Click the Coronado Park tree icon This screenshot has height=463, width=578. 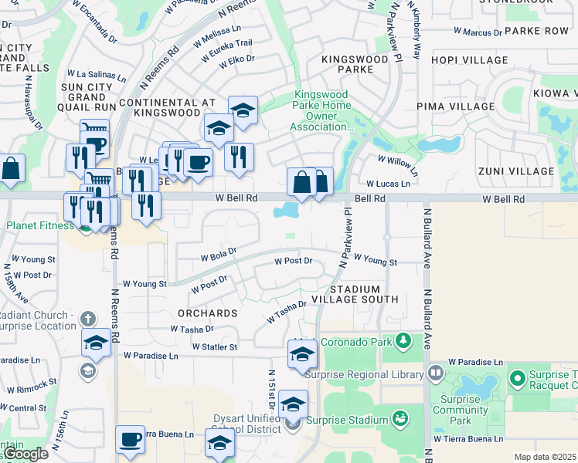pyautogui.click(x=402, y=340)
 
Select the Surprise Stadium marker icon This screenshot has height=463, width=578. pyautogui.click(x=400, y=419)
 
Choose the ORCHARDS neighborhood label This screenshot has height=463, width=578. pyautogui.click(x=207, y=313)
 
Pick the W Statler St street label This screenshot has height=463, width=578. pyautogui.click(x=215, y=347)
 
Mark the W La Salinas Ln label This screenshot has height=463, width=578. pyautogui.click(x=97, y=75)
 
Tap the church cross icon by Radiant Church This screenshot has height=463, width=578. pyautogui.click(x=88, y=318)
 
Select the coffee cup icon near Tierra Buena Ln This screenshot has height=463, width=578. pyautogui.click(x=130, y=439)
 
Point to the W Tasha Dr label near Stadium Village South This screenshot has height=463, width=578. pyautogui.click(x=287, y=313)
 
